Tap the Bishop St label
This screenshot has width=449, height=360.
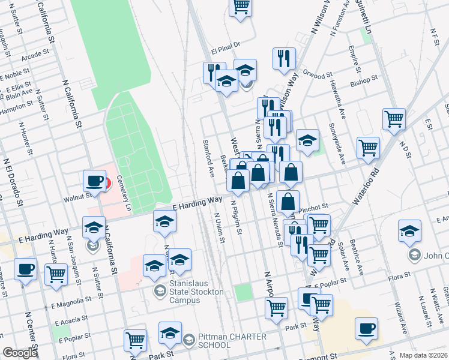364,79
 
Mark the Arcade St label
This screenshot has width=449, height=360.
35,55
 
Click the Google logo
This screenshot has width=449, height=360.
20,353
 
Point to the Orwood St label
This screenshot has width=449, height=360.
318,76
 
